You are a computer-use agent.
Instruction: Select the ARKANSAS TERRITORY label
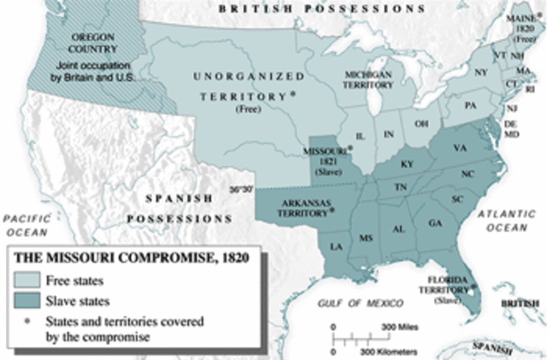click(305, 208)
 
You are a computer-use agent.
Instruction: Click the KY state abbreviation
click(406, 163)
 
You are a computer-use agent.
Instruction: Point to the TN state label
click(398, 187)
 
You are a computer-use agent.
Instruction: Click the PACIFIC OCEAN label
click(26, 226)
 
